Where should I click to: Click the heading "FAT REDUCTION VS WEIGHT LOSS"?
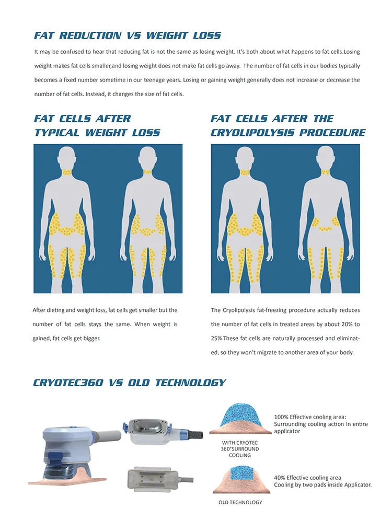pos(127,36)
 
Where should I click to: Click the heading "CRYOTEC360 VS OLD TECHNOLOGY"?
pos(129,383)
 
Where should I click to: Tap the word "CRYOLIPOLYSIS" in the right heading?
pos(248,133)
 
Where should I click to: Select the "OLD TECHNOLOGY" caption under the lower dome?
pos(240,502)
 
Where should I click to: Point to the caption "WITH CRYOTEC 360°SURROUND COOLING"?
pos(240,449)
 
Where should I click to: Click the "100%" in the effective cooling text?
pos(281,417)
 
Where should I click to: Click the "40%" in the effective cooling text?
pos(280,478)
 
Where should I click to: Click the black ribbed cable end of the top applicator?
pos(195,434)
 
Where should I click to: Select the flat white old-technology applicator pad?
pos(152,478)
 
